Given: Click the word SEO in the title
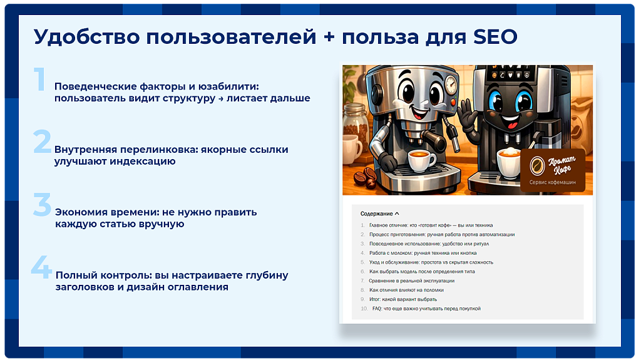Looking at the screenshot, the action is [496, 37].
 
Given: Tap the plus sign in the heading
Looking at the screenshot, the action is [329, 38].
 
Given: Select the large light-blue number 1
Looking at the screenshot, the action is [39, 79].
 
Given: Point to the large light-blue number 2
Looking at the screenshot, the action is [42, 141].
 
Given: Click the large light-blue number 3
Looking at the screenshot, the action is [42, 204].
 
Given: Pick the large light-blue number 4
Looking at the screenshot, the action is [42, 267].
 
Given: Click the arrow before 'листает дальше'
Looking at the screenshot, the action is [221, 99].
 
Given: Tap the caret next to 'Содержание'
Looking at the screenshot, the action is [397, 213].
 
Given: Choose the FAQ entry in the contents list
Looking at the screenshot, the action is [426, 309].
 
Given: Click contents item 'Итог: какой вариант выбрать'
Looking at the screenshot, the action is [403, 299].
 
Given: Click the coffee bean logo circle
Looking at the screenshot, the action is [537, 166].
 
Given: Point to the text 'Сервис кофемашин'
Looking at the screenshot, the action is [552, 182].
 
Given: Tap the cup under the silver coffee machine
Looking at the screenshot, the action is [422, 161].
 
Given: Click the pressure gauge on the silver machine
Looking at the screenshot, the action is [451, 85].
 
